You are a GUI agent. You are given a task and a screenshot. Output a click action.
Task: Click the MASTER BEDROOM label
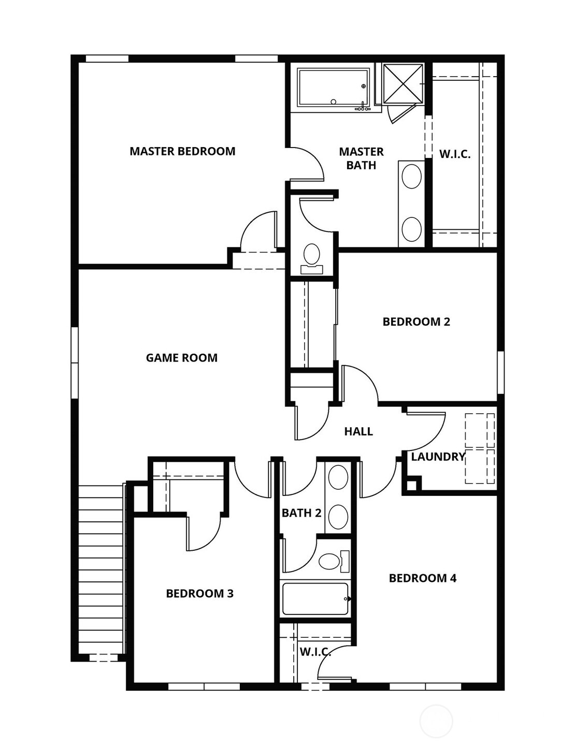pos(182,151)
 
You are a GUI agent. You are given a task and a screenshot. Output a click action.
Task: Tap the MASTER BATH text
pos(361,158)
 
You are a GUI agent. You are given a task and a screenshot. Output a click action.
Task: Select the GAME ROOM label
pos(181,358)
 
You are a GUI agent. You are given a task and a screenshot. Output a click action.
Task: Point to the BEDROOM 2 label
pos(416,322)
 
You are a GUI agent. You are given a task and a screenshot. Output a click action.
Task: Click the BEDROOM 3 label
pos(199,593)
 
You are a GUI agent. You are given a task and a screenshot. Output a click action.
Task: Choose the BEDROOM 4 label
pos(423,578)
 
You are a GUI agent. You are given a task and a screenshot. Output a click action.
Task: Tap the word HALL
pos(358,431)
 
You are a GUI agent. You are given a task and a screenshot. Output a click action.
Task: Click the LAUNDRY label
pos(438,457)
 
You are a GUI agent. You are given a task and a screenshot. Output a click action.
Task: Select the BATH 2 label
pos(301,513)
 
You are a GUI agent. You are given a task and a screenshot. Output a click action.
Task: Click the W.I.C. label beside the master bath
pos(455,154)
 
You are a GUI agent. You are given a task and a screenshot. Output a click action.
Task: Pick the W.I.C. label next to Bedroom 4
pos(315,652)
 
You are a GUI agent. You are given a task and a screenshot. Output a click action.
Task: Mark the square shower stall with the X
pos(403,83)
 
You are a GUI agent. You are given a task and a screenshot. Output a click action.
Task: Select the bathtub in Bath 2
pos(315,598)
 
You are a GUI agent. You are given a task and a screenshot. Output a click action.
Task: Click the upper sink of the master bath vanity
pos(412,177)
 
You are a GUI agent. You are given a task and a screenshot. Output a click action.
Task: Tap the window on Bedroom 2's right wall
pos(500,372)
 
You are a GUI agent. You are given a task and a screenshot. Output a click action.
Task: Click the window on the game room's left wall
pos(75,362)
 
